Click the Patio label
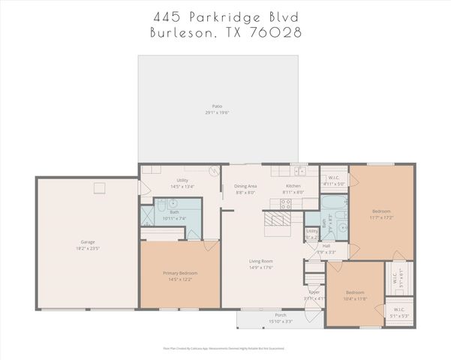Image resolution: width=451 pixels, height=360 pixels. (218, 106)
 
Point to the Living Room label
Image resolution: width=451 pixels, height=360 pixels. (262, 261)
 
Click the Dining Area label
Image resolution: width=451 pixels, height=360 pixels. (245, 185)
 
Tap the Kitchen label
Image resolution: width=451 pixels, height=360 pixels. (293, 185)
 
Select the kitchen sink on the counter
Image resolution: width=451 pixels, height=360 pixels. (299, 170)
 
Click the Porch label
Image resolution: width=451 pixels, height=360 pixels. (280, 316)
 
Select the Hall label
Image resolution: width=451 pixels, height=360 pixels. (326, 245)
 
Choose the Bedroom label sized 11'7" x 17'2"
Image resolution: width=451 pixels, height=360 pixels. (382, 212)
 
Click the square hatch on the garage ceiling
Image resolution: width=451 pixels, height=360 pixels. (98, 187)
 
